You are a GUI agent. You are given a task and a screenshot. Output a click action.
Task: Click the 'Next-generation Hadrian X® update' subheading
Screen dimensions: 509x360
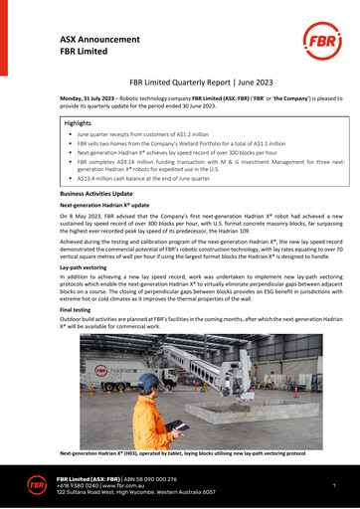(x=104, y=204)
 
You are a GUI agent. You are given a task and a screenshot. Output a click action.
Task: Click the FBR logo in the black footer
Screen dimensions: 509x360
(x=35, y=483)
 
